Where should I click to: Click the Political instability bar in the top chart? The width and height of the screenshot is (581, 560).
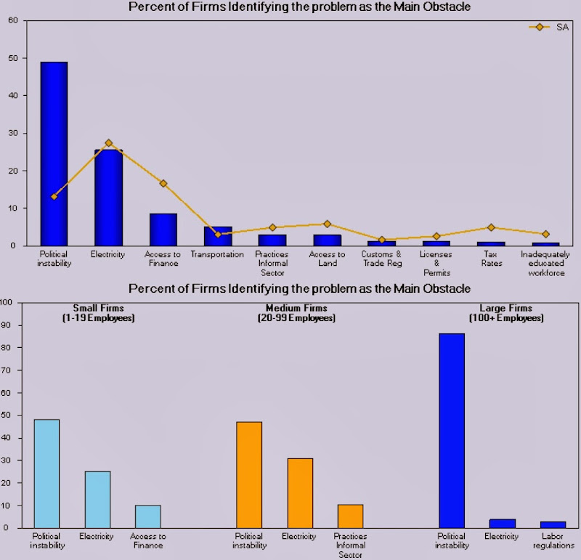pyautogui.click(x=54, y=154)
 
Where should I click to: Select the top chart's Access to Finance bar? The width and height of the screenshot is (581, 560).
pyautogui.click(x=163, y=230)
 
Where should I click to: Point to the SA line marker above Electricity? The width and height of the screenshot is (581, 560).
pyautogui.click(x=109, y=143)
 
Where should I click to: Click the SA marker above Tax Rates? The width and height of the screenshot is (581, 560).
pyautogui.click(x=491, y=227)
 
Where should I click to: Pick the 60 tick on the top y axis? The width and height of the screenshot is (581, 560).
pyautogui.click(x=13, y=20)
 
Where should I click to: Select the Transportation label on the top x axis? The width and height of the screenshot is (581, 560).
pyautogui.click(x=217, y=255)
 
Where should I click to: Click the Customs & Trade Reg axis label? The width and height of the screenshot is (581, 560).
pyautogui.click(x=382, y=259)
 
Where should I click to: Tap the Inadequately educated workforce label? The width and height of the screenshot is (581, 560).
pyautogui.click(x=545, y=263)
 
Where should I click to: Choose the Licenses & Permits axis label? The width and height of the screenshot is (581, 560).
pyautogui.click(x=436, y=264)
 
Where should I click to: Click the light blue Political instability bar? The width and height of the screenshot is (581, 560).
pyautogui.click(x=47, y=474)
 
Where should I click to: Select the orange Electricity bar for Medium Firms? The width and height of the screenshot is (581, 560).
pyautogui.click(x=300, y=493)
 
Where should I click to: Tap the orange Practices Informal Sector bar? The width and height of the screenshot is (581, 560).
pyautogui.click(x=351, y=516)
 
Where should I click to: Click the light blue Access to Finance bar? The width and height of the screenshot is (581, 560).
pyautogui.click(x=148, y=516)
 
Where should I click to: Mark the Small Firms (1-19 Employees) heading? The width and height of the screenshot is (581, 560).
pyautogui.click(x=99, y=313)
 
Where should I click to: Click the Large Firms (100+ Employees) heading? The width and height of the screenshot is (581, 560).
pyautogui.click(x=506, y=313)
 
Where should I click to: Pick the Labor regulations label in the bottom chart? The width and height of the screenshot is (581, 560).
pyautogui.click(x=553, y=540)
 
